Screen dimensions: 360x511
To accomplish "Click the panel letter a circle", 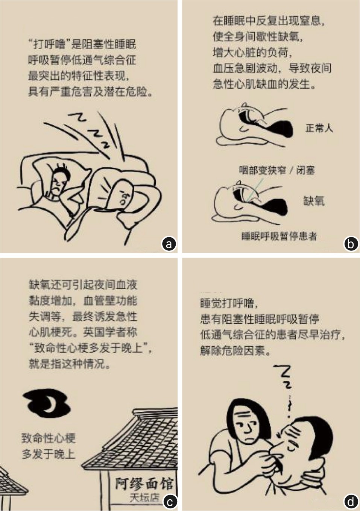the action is [x=169, y=244].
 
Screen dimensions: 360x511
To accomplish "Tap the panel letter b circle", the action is [x=351, y=244].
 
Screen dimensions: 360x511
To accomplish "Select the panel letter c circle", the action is [x=169, y=502].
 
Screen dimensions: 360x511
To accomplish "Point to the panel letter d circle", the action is [x=351, y=502].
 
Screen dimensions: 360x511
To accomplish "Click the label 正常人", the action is [x=319, y=128].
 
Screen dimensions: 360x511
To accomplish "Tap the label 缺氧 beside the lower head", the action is [x=314, y=201].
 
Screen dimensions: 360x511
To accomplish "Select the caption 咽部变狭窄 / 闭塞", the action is [x=277, y=170].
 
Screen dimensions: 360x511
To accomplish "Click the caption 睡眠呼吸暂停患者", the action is [x=279, y=236].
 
